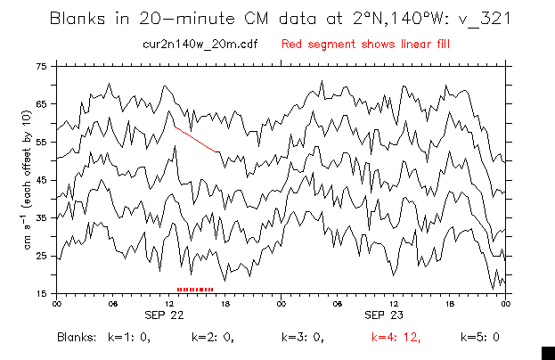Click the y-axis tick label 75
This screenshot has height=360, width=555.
coord(41,67)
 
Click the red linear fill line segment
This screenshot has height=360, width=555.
coord(197,139)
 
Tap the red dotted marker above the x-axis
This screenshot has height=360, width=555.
coord(196,289)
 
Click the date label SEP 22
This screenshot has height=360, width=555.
coord(165,315)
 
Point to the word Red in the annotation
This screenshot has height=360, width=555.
coord(293,43)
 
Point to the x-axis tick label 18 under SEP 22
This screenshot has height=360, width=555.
coord(224,303)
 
